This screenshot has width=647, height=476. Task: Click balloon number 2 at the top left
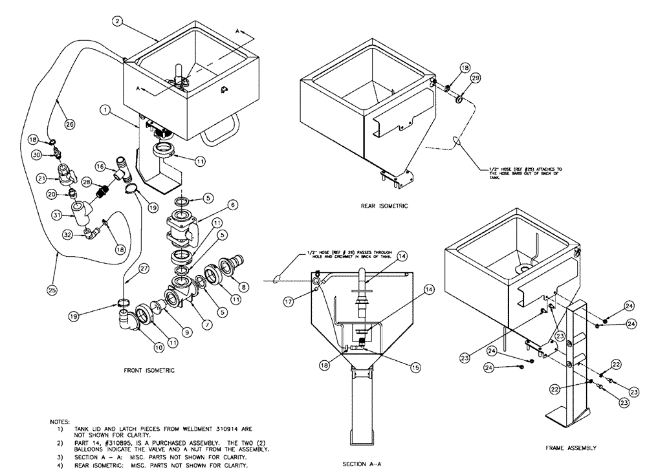[x=116, y=21]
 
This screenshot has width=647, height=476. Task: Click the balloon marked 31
[x=56, y=215]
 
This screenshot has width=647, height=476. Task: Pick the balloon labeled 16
[x=100, y=166]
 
